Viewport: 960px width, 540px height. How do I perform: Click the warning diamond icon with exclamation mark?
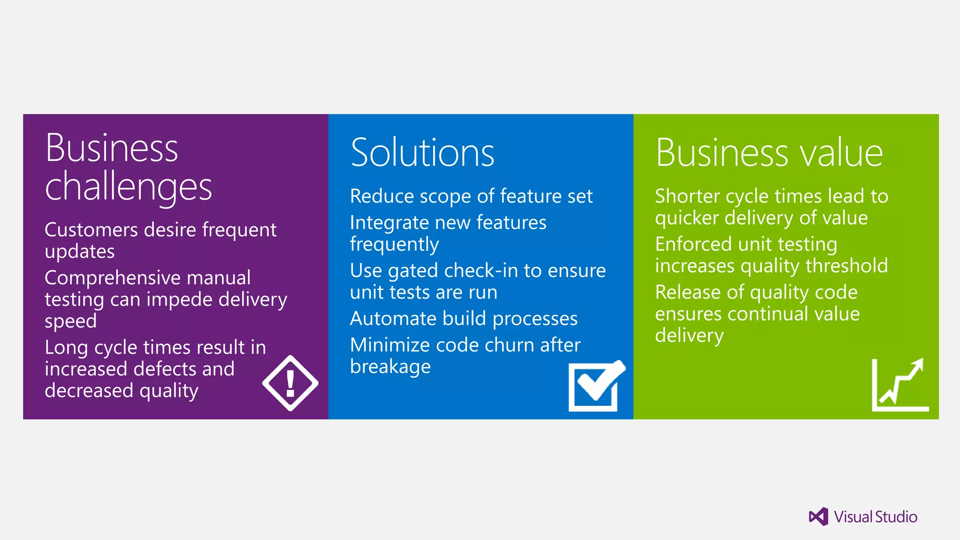pos(290,383)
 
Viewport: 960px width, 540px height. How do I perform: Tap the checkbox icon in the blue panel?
pos(595,386)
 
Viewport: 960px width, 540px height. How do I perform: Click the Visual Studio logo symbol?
pos(818,517)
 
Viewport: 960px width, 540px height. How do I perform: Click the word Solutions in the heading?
pos(422,153)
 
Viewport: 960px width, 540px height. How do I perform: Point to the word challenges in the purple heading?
pos(128,187)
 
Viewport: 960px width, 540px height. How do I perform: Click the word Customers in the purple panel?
pos(91,230)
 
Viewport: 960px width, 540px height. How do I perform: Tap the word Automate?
pos(393,319)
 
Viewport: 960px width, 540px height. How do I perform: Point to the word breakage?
pos(390,367)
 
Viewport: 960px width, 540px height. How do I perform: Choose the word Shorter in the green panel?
pos(687,196)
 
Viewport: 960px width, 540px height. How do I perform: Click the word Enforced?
pos(693,244)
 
